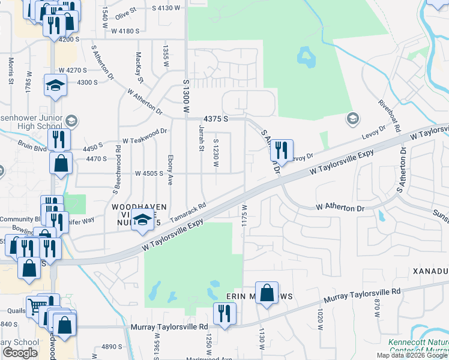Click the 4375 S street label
coord(216,119)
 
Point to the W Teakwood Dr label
coord(144,136)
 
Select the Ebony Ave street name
coord(170,170)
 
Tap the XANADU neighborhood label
coord(430,271)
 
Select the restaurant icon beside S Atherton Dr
coord(280,150)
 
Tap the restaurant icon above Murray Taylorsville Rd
coord(225,313)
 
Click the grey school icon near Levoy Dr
coord(352,119)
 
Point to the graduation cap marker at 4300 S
coord(55,85)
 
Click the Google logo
coord(20,352)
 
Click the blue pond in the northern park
coord(306,58)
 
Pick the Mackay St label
coord(139,67)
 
